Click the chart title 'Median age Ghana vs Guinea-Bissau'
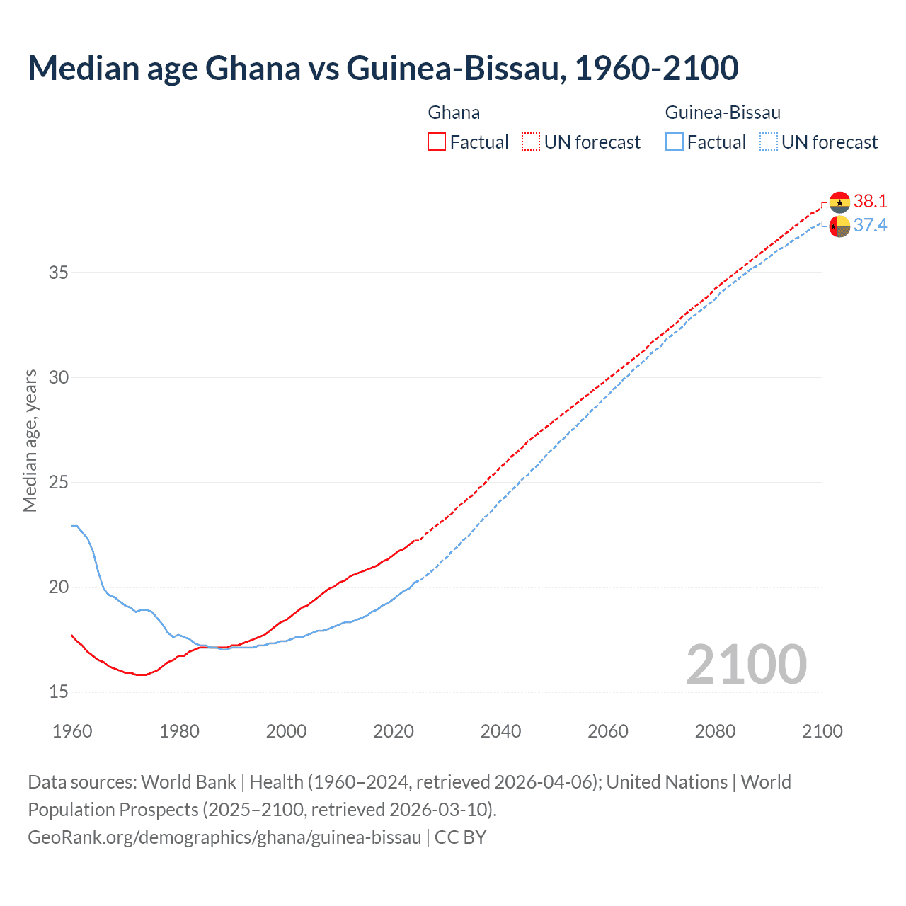point(383,68)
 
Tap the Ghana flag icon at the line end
point(839,202)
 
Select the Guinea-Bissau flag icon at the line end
point(839,226)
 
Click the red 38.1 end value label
point(870,201)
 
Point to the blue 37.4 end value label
point(870,225)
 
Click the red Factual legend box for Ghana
point(437,142)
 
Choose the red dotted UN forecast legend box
point(531,142)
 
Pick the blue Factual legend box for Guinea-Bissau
point(675,142)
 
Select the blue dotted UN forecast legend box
point(768,142)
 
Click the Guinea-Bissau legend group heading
point(723,113)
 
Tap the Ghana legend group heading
point(454,113)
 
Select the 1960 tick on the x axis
point(72,731)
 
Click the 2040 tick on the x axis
point(500,731)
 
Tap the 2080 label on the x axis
point(715,731)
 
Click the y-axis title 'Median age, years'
point(30,440)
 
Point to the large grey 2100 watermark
point(746,665)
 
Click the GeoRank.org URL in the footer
point(224,837)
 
